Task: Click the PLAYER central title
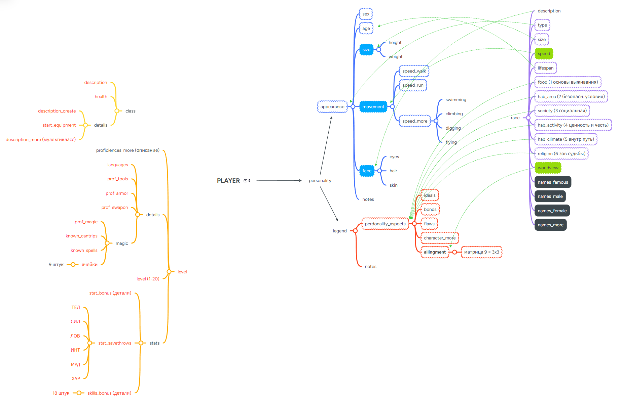click(x=228, y=181)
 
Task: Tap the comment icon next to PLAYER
click(x=246, y=181)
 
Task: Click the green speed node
click(x=544, y=54)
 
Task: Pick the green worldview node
click(x=548, y=168)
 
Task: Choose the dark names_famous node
click(x=552, y=182)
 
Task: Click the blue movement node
click(x=373, y=107)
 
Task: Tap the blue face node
click(x=367, y=171)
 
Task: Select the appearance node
click(x=332, y=107)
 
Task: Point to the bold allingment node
click(x=435, y=252)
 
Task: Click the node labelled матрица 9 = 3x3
click(x=481, y=252)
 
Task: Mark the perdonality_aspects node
click(x=385, y=224)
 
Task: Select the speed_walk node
click(x=414, y=71)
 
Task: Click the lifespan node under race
click(x=545, y=68)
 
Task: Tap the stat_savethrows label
click(x=115, y=343)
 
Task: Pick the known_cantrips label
click(x=81, y=236)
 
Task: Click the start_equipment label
click(x=59, y=125)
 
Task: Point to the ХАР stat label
click(x=76, y=378)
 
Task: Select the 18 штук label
click(x=61, y=393)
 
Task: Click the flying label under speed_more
click(x=451, y=142)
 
